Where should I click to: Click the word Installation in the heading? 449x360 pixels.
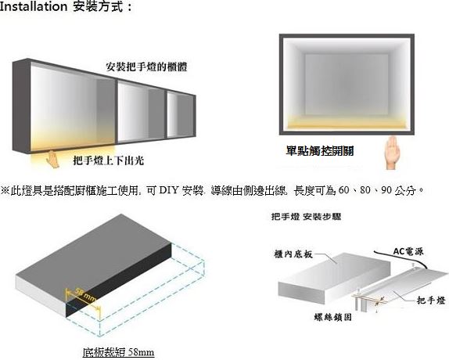tap(33, 6)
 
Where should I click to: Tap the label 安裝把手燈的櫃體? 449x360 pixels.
tap(146, 67)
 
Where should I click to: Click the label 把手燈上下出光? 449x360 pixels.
tap(109, 160)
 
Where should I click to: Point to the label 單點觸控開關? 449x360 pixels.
tap(320, 151)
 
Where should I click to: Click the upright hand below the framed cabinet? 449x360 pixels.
tap(391, 153)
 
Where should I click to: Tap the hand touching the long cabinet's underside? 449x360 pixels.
tap(52, 159)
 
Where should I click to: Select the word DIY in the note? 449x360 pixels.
tap(168, 190)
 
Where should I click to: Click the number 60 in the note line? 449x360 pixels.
tap(343, 190)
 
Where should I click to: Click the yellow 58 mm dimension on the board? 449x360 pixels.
tap(86, 294)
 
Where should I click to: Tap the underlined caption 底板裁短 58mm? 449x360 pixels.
tap(118, 352)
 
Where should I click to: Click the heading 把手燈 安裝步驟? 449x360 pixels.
tap(306, 217)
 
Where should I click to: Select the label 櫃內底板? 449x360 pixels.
tap(293, 254)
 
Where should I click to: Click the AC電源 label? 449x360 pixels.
tap(408, 251)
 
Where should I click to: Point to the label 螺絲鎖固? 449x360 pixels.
tap(332, 317)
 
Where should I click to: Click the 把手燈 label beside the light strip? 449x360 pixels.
tap(431, 301)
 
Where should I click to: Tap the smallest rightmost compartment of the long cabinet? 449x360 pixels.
tap(180, 115)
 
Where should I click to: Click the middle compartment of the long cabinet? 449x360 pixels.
tap(141, 111)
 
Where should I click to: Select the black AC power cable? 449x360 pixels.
tap(400, 259)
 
